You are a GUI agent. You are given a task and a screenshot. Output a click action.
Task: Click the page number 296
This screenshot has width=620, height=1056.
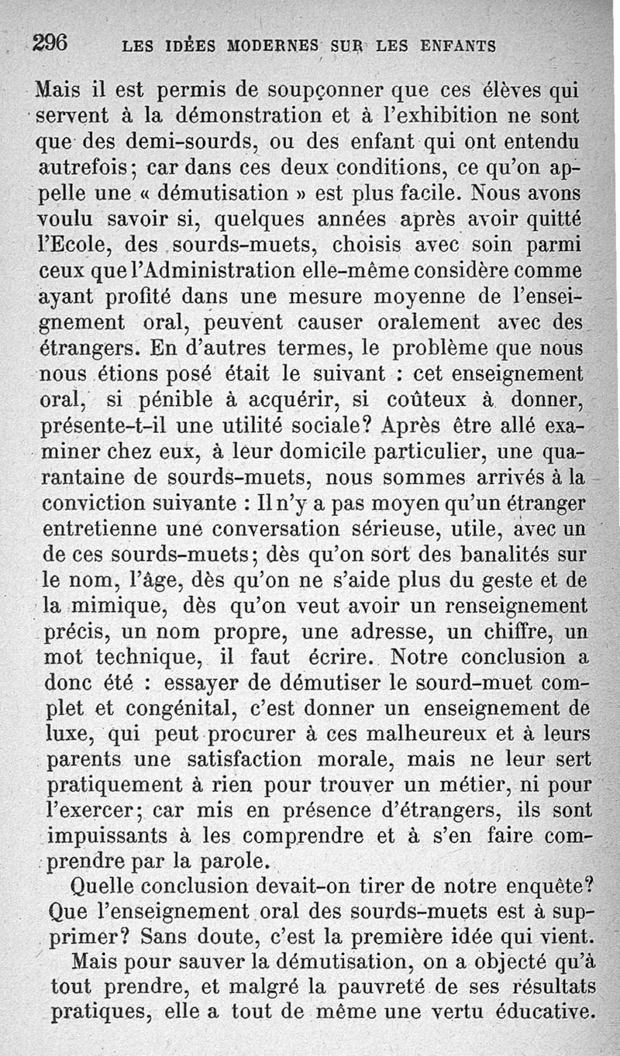coord(50,43)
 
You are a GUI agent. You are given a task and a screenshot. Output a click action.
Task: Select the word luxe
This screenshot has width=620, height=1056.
coord(70,734)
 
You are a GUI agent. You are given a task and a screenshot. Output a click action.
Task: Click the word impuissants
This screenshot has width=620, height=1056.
coord(102,837)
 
